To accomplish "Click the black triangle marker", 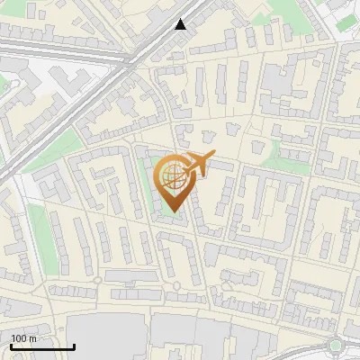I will [181, 24].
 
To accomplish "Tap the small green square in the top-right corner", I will [347, 22].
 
